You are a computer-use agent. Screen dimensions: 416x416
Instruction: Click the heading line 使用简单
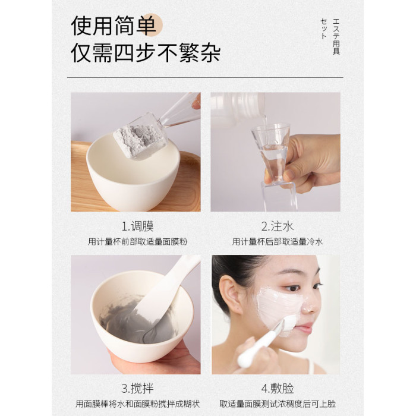pyautogui.click(x=114, y=26)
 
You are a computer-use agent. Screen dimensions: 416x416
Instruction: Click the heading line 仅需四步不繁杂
pyautogui.click(x=146, y=53)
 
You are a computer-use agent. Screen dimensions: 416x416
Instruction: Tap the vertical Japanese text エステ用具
pyautogui.click(x=336, y=36)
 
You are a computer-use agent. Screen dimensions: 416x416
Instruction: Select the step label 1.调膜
pyautogui.click(x=137, y=226)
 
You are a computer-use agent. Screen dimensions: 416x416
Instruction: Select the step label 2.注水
pyautogui.click(x=278, y=226)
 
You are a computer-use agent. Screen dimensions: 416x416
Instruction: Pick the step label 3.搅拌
pyautogui.click(x=137, y=389)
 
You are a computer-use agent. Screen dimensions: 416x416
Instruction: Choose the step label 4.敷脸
pyautogui.click(x=278, y=389)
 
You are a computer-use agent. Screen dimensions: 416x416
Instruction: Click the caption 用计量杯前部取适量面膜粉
pyautogui.click(x=137, y=242)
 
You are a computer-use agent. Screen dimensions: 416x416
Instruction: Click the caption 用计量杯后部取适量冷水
pyautogui.click(x=278, y=242)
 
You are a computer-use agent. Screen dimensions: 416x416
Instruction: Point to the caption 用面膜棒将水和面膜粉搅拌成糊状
pyautogui.click(x=137, y=404)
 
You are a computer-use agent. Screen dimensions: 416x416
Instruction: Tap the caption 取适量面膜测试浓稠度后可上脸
pyautogui.click(x=278, y=404)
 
